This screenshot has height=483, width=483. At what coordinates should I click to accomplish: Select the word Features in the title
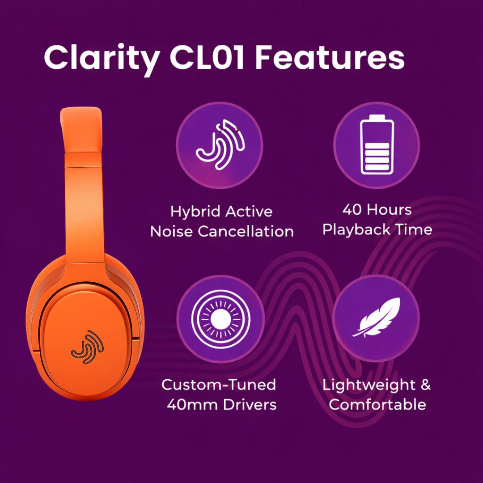332,57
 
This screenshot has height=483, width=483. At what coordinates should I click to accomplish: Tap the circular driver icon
219,318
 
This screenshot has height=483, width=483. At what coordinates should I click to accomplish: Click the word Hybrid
196,211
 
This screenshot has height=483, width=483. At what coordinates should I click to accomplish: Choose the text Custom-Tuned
219,385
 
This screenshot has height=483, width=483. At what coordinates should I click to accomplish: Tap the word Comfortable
377,405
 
